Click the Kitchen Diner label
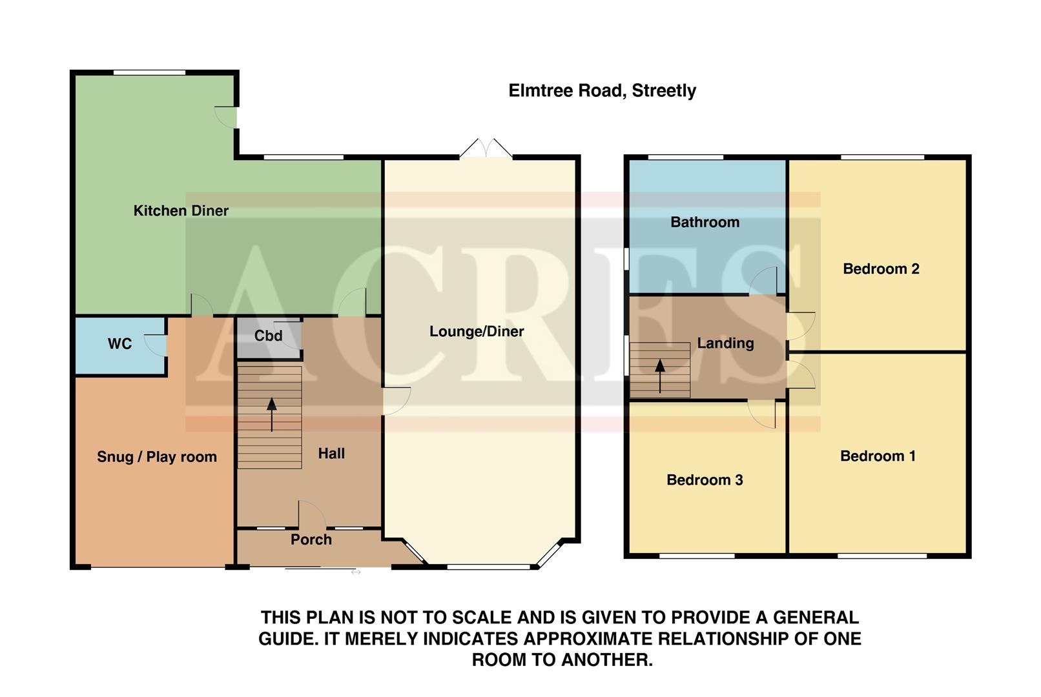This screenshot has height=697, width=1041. [x=181, y=210]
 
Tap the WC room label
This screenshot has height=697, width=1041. [x=119, y=344]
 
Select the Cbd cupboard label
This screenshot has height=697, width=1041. [x=268, y=336]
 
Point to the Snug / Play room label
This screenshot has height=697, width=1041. [x=157, y=457]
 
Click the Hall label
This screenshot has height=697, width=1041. [x=331, y=454]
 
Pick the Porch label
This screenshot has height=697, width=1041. [x=311, y=540]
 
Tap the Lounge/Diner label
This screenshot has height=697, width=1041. [x=477, y=332]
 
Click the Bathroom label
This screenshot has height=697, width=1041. [x=705, y=222]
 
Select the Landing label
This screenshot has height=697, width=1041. [x=725, y=343]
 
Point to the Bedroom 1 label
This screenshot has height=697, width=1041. [x=878, y=456]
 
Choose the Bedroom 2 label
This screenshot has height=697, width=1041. [x=881, y=269]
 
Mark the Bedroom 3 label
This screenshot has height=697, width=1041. [x=705, y=480]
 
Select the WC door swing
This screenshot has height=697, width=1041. [x=156, y=345]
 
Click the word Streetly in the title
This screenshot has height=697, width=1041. [x=664, y=91]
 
